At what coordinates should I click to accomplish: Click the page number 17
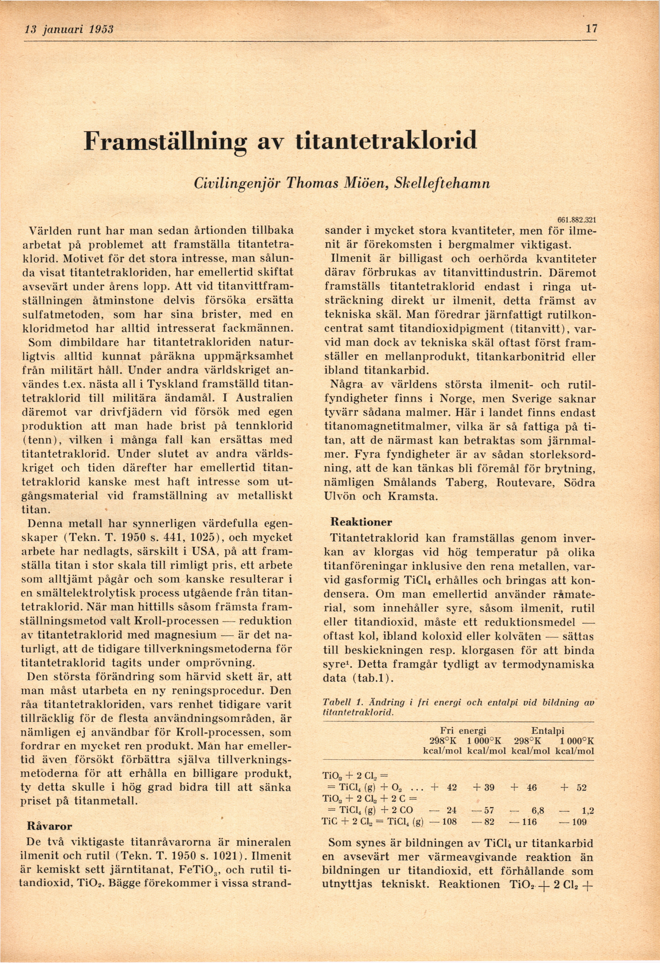(591, 29)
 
